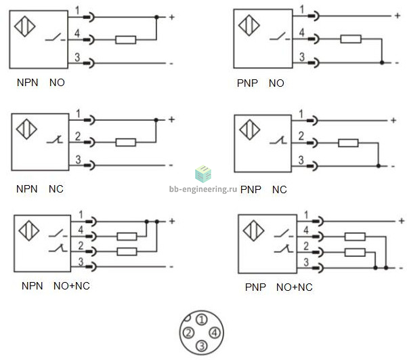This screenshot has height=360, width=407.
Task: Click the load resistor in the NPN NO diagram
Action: pyautogui.click(x=126, y=40)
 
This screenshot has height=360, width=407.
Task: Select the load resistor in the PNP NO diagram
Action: pyautogui.click(x=351, y=39)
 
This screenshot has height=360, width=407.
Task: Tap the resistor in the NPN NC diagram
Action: pyautogui.click(x=126, y=142)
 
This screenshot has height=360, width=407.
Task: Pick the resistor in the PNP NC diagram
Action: pyautogui.click(x=348, y=143)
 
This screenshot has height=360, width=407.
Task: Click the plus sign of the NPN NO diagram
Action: pyautogui.click(x=172, y=17)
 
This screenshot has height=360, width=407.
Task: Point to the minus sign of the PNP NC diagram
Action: pyautogui.click(x=393, y=166)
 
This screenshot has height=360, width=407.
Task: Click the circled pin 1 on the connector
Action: pyautogui.click(x=202, y=320)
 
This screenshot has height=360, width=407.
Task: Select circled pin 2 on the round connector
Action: pyautogui.click(x=189, y=333)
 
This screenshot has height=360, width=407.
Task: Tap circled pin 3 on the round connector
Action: pyautogui.click(x=202, y=346)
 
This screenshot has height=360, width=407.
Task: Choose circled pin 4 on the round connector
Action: pyautogui.click(x=215, y=333)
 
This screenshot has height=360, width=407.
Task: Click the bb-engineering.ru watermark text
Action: pyautogui.click(x=203, y=189)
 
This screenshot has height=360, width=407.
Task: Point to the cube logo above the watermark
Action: pyautogui.click(x=203, y=174)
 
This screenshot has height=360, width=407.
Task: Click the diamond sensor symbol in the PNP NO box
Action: pyautogui.click(x=249, y=25)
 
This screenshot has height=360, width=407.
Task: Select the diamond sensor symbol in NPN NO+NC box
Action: pyautogui.click(x=29, y=231)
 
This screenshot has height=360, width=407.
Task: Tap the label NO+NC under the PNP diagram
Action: pyautogui.click(x=295, y=287)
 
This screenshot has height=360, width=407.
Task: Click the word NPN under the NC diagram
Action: pyautogui.click(x=26, y=189)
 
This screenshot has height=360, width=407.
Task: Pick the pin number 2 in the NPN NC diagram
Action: pyautogui.click(x=78, y=136)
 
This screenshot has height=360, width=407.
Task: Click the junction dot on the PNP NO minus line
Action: pyautogui.click(x=382, y=62)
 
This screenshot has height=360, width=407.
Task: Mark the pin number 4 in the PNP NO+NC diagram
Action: pyautogui.click(x=306, y=230)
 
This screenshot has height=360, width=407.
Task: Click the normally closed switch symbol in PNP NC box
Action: pyautogui.click(x=278, y=140)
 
